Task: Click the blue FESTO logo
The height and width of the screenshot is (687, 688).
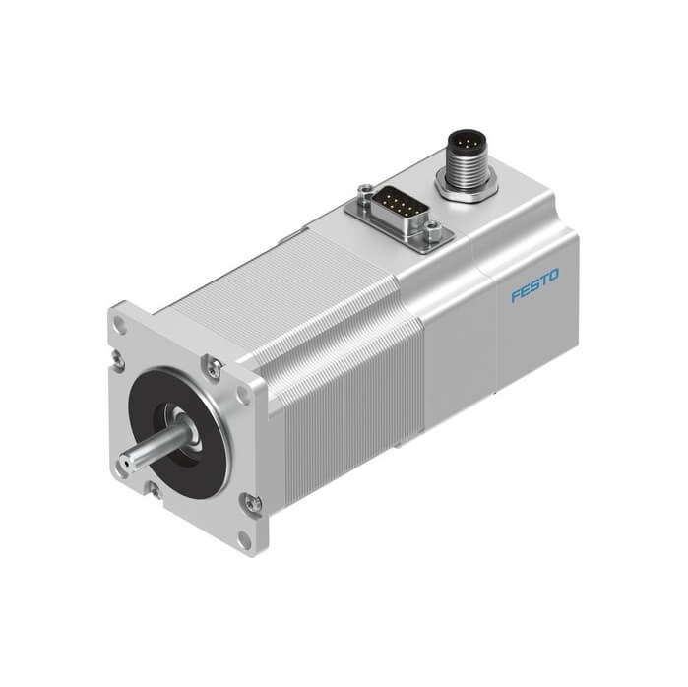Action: [x=534, y=285]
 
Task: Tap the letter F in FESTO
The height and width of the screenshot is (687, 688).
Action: [x=516, y=295]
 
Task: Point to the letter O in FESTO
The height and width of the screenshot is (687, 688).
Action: [x=554, y=276]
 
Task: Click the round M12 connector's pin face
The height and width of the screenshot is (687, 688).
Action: [x=466, y=143]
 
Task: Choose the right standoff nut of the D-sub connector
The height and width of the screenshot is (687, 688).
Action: [x=434, y=228]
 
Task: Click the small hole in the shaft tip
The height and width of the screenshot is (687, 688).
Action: [x=125, y=463]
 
